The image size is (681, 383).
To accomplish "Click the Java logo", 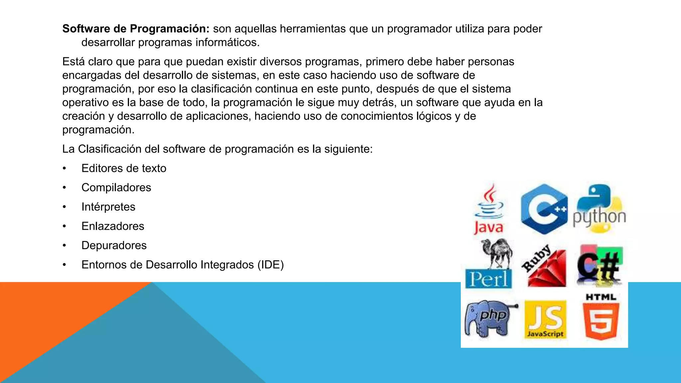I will coord(488,209).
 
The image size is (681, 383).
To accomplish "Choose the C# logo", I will coord(599,266).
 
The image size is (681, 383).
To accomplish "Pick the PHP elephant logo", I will coord(489,319).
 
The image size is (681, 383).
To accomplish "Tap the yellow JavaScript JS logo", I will coord(545,319).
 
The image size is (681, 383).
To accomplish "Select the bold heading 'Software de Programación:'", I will coord(136,29).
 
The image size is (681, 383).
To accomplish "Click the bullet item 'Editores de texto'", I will coord(124,168).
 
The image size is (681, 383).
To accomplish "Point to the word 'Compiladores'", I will coord(116,188).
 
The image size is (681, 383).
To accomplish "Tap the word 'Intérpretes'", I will coord(108,207).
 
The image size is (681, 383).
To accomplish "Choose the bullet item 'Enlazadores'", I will coord(113,226).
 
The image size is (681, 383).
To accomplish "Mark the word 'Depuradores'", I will coord(114,245).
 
